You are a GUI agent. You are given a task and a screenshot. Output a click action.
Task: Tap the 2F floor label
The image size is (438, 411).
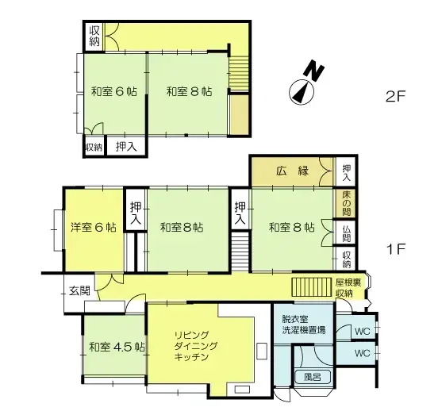point(395,98)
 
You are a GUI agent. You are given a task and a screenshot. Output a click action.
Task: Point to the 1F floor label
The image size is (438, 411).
point(396,249)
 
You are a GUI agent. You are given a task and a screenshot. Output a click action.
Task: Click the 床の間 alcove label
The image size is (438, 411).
point(348,203)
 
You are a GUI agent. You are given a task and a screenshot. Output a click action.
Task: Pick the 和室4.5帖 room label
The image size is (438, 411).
point(116,347)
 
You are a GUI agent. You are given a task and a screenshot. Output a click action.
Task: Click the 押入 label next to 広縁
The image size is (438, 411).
point(348,170)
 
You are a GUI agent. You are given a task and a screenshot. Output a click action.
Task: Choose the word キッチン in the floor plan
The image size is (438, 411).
point(192,358)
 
